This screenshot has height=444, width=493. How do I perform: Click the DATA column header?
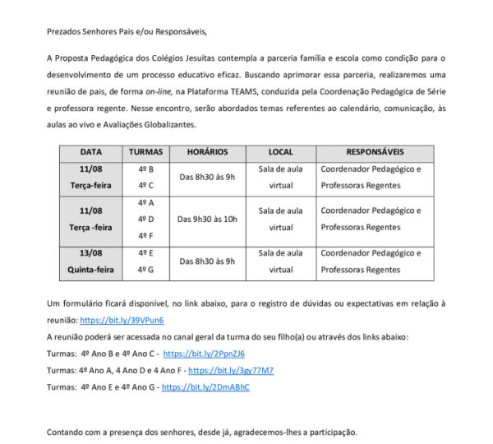coord(90,152)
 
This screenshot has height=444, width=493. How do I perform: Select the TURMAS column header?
coord(146,152)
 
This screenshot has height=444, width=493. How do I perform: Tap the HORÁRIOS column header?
coord(207,152)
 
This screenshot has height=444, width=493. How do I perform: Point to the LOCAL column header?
coord(281,152)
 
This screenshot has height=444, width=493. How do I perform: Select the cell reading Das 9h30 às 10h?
coord(207,219)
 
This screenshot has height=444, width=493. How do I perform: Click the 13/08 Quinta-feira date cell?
coord(90,261)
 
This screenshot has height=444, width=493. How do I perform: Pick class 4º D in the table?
coord(146,219)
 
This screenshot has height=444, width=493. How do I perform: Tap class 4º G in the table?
coord(146,269)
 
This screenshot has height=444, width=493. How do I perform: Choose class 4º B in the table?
coord(146,169)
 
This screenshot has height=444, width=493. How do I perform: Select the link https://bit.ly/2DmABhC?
coord(205,386)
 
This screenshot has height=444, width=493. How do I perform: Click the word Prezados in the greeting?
coord(66,31)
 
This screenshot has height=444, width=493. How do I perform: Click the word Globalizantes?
coord(167,125)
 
